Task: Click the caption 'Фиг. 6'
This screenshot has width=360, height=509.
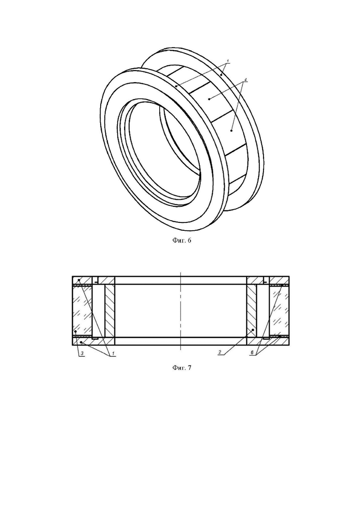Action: pos(181,240)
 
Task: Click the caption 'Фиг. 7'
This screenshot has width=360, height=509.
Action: pos(181,367)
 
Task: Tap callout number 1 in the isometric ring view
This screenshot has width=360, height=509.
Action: pos(228,61)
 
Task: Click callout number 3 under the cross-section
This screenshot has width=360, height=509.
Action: pos(82,353)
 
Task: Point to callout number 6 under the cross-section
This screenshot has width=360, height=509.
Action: pos(252,353)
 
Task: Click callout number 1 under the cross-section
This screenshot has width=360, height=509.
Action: pos(113,353)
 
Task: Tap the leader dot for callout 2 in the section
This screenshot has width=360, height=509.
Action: pos(252,330)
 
